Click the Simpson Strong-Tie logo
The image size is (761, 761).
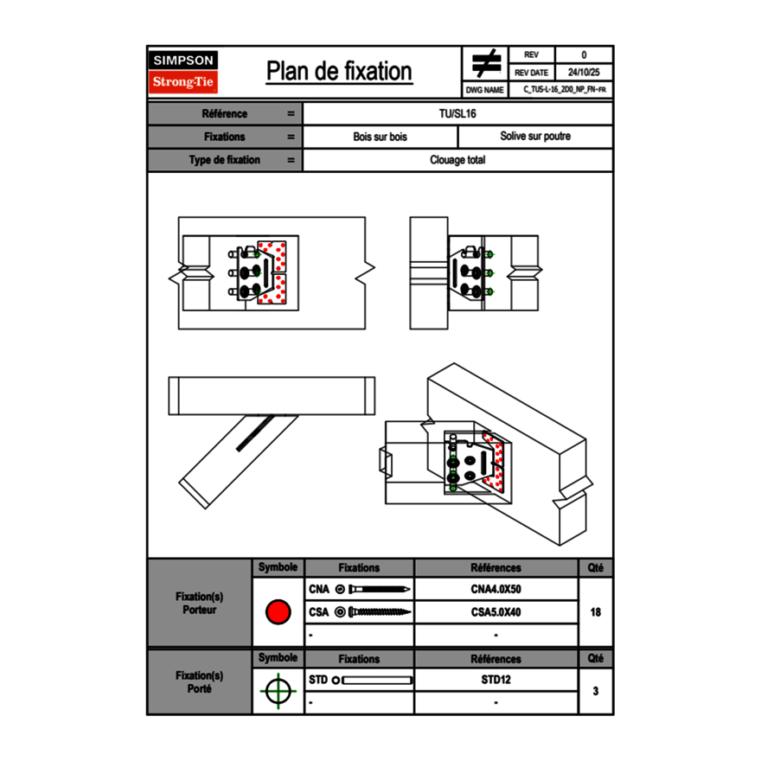click(x=183, y=72)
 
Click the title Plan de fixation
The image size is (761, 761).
click(x=339, y=72)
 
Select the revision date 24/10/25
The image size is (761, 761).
click(x=584, y=73)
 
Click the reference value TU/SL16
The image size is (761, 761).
click(x=457, y=114)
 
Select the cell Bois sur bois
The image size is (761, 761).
click(x=380, y=137)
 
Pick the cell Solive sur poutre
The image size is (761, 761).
click(x=535, y=137)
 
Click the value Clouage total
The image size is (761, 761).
click(x=457, y=160)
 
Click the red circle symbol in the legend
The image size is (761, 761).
click(x=278, y=612)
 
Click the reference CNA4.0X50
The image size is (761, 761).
click(x=496, y=590)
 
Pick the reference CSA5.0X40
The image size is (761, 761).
click(x=496, y=612)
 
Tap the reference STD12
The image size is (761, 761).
click(x=496, y=680)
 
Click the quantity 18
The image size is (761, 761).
click(x=595, y=612)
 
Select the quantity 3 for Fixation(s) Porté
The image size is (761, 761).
click(x=595, y=691)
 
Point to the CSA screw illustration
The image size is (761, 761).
click(x=374, y=612)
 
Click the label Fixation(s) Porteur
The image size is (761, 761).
click(x=199, y=603)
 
